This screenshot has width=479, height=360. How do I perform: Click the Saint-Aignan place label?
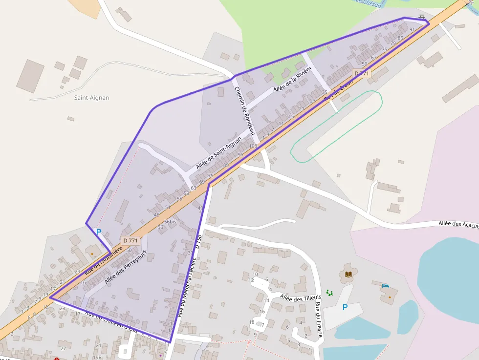point(91,98)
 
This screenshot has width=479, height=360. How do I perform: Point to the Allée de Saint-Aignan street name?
point(218,153)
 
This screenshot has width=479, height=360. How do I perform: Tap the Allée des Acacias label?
point(458,224)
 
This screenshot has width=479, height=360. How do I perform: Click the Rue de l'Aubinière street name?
point(103,260)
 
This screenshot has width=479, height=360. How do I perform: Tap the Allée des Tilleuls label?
point(301,297)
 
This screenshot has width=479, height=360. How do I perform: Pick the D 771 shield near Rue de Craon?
point(362,74)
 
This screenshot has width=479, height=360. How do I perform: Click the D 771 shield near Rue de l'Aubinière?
point(131,240)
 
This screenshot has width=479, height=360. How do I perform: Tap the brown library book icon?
point(348,275)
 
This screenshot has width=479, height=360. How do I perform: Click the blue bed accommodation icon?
point(386,285)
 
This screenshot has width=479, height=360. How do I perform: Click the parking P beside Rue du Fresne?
point(345,307)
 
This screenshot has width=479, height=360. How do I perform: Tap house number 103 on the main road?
point(253,146)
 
